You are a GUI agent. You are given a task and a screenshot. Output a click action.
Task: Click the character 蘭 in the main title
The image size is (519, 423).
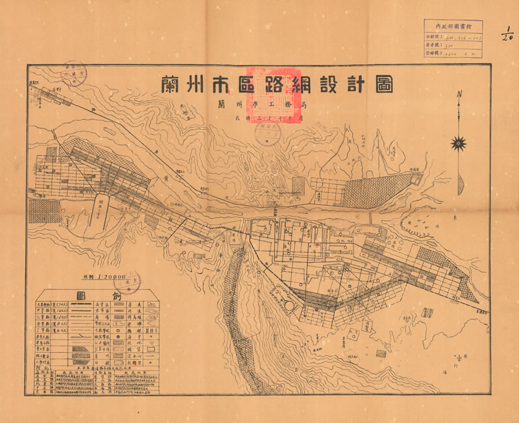[171, 85]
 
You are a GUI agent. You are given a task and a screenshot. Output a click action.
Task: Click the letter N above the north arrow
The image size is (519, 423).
[459, 95]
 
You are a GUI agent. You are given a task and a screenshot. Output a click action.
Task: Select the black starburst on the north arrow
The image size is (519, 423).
[459, 142]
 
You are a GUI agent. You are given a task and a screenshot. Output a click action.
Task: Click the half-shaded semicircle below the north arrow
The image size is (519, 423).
[461, 185]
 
